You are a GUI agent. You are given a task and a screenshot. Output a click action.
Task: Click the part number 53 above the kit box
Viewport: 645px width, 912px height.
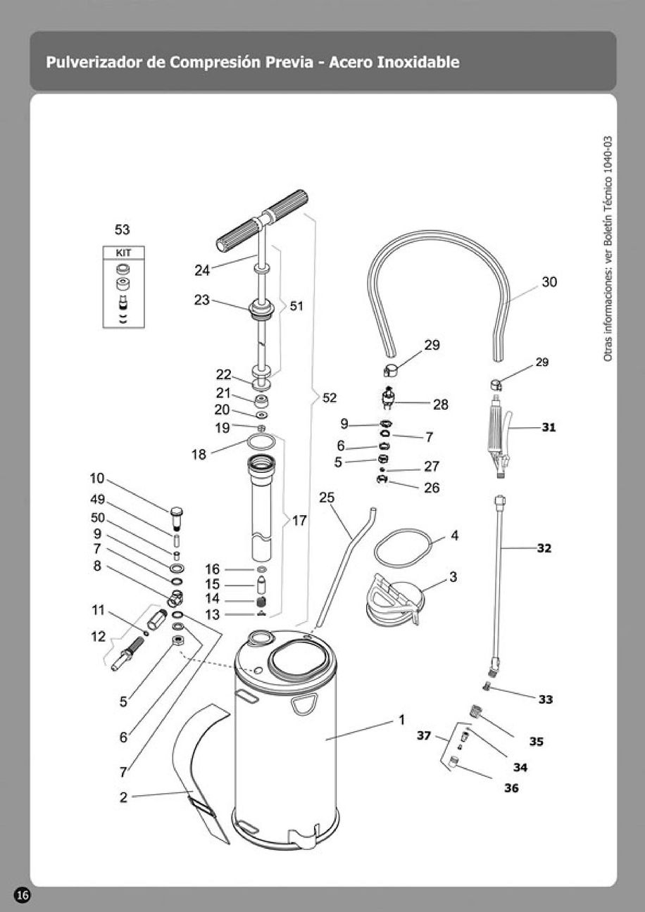pyautogui.click(x=123, y=230)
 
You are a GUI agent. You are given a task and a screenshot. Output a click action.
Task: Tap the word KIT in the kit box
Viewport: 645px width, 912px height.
pyautogui.click(x=123, y=253)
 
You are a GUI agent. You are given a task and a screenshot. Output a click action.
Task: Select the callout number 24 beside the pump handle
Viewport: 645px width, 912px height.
pyautogui.click(x=202, y=270)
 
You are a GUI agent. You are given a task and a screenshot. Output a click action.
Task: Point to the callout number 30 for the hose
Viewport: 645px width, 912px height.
pyautogui.click(x=549, y=281)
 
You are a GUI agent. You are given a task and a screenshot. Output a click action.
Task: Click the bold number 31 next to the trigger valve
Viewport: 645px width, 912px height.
pyautogui.click(x=549, y=428)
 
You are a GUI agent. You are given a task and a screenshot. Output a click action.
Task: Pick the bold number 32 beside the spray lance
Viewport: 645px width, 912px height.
pyautogui.click(x=544, y=548)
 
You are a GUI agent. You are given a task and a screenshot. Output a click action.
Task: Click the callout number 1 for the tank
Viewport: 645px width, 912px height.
pyautogui.click(x=401, y=720)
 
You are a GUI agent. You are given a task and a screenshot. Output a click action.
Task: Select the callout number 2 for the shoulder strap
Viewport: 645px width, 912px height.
pyautogui.click(x=123, y=797)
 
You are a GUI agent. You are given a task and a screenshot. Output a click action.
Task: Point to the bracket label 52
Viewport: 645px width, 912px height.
pyautogui.click(x=330, y=398)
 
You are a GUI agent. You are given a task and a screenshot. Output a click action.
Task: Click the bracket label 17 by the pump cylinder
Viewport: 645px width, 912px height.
pyautogui.click(x=299, y=521)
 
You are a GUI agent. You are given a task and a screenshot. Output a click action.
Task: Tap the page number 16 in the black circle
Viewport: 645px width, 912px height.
pyautogui.click(x=23, y=895)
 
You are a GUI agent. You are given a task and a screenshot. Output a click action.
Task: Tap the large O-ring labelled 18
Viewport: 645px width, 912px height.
pyautogui.click(x=261, y=441)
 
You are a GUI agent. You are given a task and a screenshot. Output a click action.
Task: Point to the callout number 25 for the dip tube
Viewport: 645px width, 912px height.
pyautogui.click(x=327, y=498)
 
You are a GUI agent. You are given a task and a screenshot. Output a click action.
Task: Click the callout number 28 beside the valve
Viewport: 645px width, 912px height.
pyautogui.click(x=441, y=405)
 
